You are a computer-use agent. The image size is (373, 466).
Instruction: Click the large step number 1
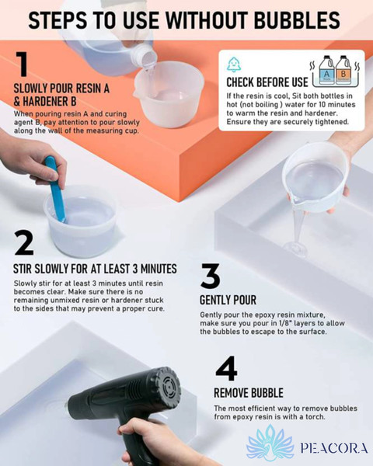pyautogui.click(x=23, y=64)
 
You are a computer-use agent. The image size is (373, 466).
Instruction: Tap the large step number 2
pyautogui.click(x=24, y=243)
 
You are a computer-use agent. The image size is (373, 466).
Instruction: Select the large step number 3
pyautogui.click(x=211, y=276)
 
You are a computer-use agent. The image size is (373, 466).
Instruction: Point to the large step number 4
pyautogui.click(x=226, y=368)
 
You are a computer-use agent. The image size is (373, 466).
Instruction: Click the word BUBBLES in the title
pyautogui.click(x=297, y=20)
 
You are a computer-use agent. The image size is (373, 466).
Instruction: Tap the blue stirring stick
pyautogui.click(x=56, y=190)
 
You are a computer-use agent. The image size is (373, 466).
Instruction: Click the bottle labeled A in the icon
pyautogui.click(x=326, y=71)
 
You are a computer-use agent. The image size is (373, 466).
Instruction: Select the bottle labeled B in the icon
pyautogui.click(x=343, y=71)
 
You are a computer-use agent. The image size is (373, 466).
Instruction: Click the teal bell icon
pyautogui.click(x=234, y=64)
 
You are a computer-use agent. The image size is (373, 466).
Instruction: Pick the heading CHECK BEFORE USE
pyautogui.click(x=267, y=82)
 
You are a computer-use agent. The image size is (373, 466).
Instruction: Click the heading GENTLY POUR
pyautogui.click(x=228, y=300)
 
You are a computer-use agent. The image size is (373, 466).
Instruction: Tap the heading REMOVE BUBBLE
pyautogui.click(x=249, y=393)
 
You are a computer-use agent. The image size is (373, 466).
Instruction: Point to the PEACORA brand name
pyautogui.click(x=334, y=448)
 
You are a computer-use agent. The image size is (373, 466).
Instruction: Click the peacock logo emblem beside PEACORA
pyautogui.click(x=270, y=443)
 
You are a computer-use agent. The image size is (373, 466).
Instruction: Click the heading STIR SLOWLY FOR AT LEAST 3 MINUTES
pyautogui.click(x=95, y=269)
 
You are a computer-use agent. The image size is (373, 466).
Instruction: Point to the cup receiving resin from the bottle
pyautogui.click(x=169, y=94)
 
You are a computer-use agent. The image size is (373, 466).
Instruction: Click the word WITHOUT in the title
pyautogui.click(x=207, y=20)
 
